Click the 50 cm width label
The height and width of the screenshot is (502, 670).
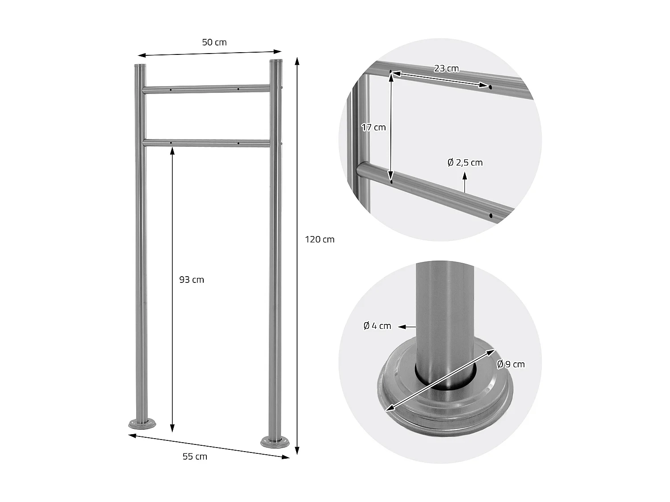point(214,42)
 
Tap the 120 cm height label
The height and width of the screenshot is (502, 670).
point(319,240)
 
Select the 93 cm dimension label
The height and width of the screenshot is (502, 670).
point(192,280)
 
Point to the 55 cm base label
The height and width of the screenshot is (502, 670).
point(195,456)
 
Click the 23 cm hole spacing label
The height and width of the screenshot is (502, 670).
point(446,68)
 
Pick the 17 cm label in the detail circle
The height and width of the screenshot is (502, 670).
point(373,127)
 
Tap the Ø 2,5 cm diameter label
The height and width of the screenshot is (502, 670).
point(465,162)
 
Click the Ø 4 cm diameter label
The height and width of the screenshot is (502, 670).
point(377,326)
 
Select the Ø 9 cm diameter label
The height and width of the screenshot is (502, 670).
point(511,364)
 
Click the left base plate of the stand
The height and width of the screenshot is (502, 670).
point(142,423)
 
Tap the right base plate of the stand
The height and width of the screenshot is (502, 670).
point(275,443)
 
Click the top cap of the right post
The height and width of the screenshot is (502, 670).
point(276,61)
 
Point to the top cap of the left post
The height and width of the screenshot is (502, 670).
point(140,66)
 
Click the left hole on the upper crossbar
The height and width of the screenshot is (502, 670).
point(171,90)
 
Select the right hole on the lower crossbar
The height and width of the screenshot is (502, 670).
point(238,143)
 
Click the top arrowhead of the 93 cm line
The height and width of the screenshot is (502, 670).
point(172,151)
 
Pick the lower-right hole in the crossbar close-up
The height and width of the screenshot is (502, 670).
point(490,216)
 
